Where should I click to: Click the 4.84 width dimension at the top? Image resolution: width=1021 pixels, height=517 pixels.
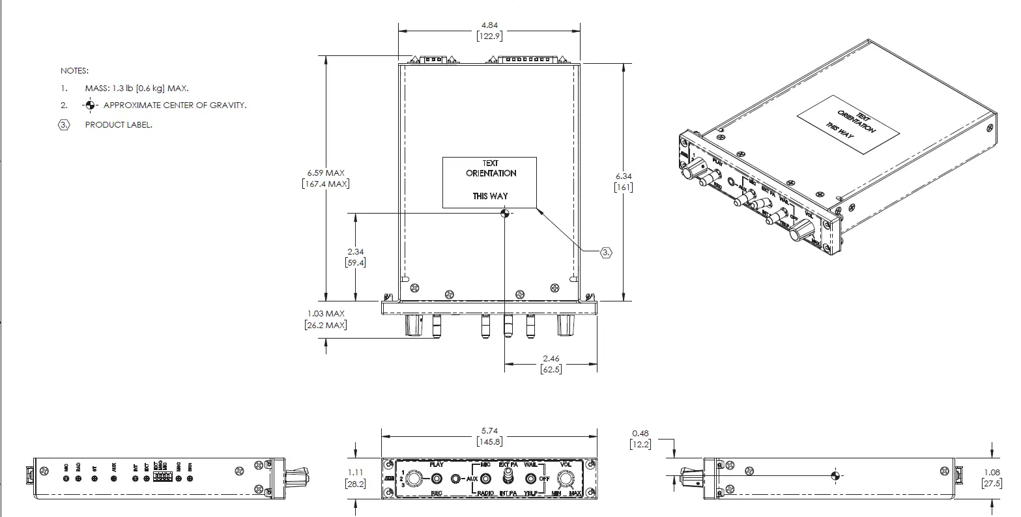489,25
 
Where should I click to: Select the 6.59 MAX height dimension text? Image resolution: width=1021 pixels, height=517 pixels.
326,173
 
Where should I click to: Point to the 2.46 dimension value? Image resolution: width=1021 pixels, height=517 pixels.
551,359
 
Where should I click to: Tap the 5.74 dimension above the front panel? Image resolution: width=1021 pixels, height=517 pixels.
489,431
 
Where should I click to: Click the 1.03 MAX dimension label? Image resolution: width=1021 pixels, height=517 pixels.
326,314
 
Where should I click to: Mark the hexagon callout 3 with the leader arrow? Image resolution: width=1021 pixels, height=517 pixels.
606,252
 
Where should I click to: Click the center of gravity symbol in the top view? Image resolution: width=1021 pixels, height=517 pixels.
504,213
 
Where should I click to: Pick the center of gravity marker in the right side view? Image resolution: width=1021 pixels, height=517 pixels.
836,475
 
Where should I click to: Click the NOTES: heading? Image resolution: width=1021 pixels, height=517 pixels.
74,70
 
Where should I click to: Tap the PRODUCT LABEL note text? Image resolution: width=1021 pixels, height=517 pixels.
119,124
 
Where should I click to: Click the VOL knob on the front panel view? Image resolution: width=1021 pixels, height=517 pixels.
565,479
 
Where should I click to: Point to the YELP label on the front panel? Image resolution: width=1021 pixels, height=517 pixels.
534,494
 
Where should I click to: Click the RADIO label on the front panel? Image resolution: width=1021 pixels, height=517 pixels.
485,494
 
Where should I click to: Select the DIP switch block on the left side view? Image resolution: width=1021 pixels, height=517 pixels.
163,478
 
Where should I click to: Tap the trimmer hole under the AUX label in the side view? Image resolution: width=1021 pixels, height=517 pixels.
114,479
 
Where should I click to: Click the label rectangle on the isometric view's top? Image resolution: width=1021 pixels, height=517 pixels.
848,125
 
